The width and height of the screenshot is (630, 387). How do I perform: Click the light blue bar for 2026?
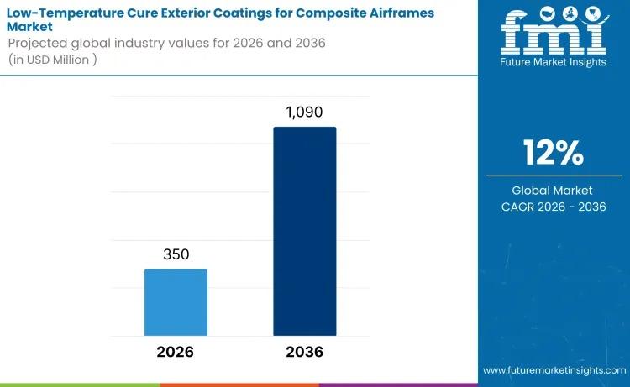click(176, 302)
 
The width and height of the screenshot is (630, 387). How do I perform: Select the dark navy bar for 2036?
click(304, 231)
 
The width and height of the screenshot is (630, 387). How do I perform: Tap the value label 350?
click(176, 254)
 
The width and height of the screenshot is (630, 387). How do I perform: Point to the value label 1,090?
click(304, 112)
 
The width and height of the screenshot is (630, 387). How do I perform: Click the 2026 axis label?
click(176, 352)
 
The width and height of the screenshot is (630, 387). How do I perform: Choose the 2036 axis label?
click(304, 352)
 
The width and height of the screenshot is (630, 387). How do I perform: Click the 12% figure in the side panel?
click(553, 153)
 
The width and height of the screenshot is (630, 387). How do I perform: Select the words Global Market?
click(553, 191)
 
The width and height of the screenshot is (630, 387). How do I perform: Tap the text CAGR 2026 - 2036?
click(553, 207)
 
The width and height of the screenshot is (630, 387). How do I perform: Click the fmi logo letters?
click(553, 34)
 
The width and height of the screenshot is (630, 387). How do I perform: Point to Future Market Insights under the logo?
click(553, 64)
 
